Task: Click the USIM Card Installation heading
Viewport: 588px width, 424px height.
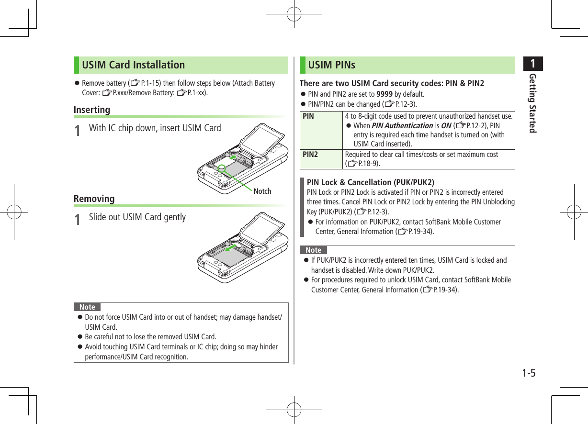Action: click(133, 65)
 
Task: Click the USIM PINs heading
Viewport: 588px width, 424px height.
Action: click(332, 65)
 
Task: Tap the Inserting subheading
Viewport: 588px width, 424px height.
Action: click(92, 110)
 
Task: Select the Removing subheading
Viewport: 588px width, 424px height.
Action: click(94, 199)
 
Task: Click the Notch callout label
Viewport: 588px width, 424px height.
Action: click(262, 191)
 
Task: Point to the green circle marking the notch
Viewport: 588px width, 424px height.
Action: click(221, 168)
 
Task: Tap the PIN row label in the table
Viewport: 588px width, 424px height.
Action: click(308, 116)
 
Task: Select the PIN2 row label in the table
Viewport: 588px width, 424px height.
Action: click(310, 155)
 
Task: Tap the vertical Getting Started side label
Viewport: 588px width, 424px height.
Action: click(531, 103)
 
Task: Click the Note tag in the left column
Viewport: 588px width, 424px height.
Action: click(87, 307)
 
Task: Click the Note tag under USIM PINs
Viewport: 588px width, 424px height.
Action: click(313, 250)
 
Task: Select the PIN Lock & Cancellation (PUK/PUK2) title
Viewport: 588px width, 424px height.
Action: click(370, 182)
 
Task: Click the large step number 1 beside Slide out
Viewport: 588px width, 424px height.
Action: click(78, 219)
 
